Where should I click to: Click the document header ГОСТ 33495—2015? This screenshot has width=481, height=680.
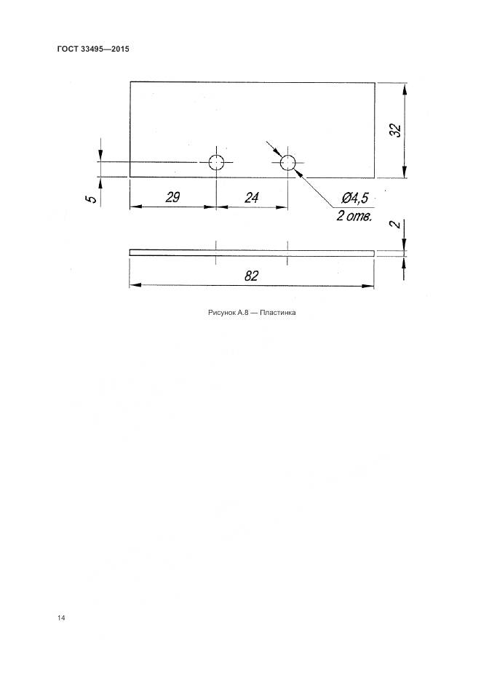coord(93,49)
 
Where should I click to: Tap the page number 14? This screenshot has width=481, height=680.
coord(60,617)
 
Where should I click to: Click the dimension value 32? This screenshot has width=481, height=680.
coord(396,130)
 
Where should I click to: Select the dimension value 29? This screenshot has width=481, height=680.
coord(172,197)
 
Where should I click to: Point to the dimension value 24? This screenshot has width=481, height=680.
coord(252,198)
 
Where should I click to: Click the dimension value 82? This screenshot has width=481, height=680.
coord(251,276)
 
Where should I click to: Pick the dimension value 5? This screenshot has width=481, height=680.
coord(92,199)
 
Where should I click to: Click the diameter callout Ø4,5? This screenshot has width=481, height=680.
coord(354,199)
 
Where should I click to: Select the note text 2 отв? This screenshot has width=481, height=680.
coord(354,216)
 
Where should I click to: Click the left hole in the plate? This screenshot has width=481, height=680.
coord(216,163)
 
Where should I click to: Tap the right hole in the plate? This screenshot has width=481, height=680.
coord(287,163)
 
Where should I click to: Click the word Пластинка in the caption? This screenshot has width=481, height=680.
coord(277,312)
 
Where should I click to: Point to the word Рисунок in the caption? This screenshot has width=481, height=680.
coord(222,312)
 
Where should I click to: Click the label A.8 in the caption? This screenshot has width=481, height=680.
coord(242,312)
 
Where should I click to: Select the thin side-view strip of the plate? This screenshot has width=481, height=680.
coord(252,252)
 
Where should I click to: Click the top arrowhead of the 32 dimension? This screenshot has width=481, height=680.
coord(405,88)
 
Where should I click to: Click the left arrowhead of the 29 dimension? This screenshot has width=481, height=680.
coord(136,207)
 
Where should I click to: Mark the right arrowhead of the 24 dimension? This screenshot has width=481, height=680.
coord(282,207)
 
